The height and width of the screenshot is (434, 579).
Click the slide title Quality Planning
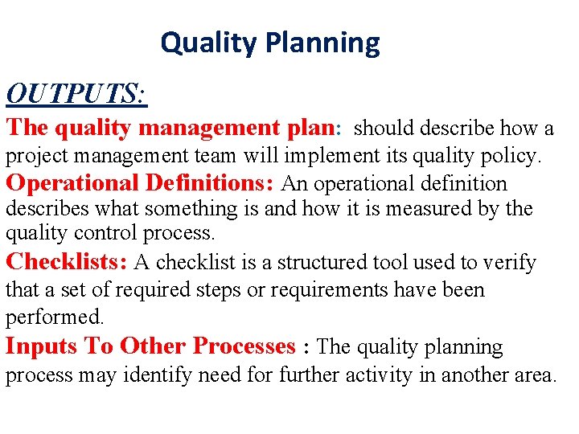click(269, 43)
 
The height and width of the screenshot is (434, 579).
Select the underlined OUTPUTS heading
click(76, 94)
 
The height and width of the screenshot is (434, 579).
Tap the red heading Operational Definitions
click(142, 182)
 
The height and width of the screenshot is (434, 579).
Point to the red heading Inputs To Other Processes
click(150, 346)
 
